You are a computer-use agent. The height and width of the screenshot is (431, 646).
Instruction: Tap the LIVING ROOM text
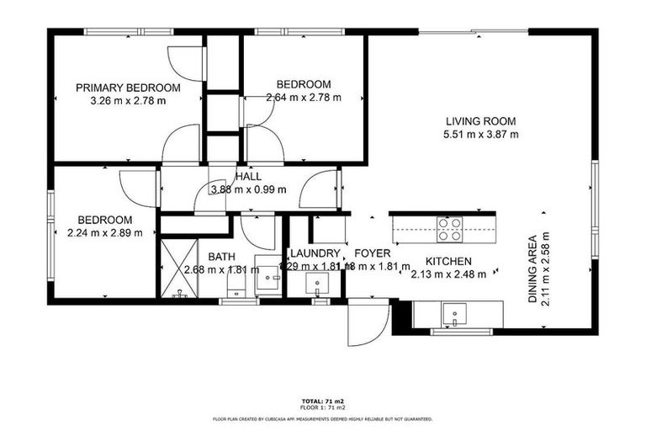481,121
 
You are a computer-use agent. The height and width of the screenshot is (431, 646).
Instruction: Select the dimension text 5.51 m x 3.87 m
481,134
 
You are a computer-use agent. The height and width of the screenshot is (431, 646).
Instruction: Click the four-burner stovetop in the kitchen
449,225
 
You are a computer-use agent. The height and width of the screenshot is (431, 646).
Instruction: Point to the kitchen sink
455,313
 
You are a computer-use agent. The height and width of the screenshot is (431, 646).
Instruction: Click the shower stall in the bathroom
177,268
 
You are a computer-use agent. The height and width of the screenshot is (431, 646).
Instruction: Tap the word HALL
248,177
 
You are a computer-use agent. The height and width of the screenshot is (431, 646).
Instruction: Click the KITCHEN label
447,261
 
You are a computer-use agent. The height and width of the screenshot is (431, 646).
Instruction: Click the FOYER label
372,253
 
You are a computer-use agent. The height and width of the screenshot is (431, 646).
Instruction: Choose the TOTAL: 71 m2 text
322,401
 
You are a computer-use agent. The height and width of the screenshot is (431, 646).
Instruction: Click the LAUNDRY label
315,253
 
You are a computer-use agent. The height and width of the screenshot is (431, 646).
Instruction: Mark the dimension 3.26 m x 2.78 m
128,100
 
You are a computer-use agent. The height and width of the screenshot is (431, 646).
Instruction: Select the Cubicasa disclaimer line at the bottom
322,418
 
